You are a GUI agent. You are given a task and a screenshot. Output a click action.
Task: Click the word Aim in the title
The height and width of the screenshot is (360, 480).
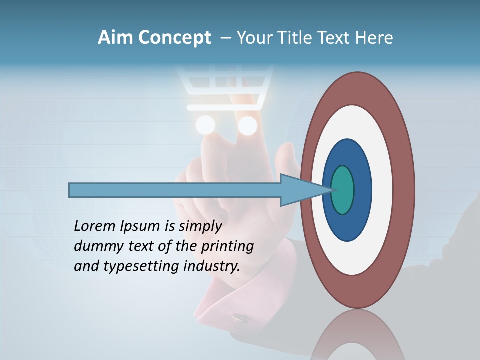[115, 38]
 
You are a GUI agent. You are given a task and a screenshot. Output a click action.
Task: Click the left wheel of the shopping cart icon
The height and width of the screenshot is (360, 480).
[205, 125]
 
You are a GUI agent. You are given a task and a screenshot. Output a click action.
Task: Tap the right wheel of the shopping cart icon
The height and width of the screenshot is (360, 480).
[247, 125]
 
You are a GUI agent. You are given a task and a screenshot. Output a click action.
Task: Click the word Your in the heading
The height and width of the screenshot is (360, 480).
[254, 38]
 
